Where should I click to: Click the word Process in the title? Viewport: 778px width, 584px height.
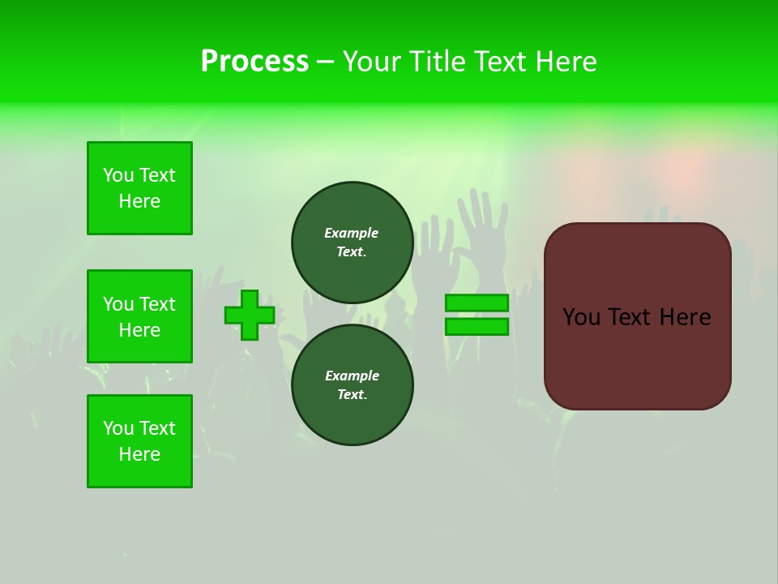tap(254, 62)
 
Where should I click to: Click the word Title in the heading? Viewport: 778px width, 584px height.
tap(435, 62)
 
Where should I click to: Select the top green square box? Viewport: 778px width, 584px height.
tap(139, 188)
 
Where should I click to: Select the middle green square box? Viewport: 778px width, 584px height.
tap(139, 316)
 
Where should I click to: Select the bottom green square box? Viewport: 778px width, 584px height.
tap(139, 441)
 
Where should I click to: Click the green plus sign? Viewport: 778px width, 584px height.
tap(250, 315)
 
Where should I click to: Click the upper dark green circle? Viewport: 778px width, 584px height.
tap(353, 243)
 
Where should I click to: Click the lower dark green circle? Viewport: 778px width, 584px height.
tap(353, 384)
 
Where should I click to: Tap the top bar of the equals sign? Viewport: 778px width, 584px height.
tap(477, 303)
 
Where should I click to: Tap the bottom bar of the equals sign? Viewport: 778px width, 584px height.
tap(477, 326)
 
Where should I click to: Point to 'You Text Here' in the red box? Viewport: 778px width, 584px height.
tap(637, 317)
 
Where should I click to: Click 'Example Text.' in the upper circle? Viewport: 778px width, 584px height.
tap(352, 243)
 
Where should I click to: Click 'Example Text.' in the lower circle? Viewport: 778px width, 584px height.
tap(352, 385)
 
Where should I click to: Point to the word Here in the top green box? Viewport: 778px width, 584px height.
tap(139, 201)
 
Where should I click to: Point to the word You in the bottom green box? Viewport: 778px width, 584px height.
tap(118, 428)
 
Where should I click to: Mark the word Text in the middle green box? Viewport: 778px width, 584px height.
tap(157, 304)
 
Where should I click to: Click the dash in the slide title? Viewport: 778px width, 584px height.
tap(325, 62)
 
